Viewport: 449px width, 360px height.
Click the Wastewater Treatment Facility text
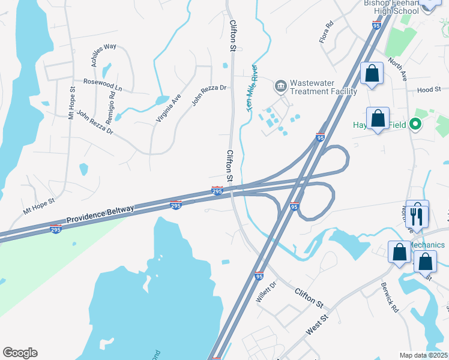323,88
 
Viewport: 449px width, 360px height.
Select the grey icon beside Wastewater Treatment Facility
280,87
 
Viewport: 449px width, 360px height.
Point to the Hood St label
429,90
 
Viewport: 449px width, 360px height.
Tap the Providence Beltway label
100,214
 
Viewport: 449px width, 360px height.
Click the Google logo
20,353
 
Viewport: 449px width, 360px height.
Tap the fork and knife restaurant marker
417,214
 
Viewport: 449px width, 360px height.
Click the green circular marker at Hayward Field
414,125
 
